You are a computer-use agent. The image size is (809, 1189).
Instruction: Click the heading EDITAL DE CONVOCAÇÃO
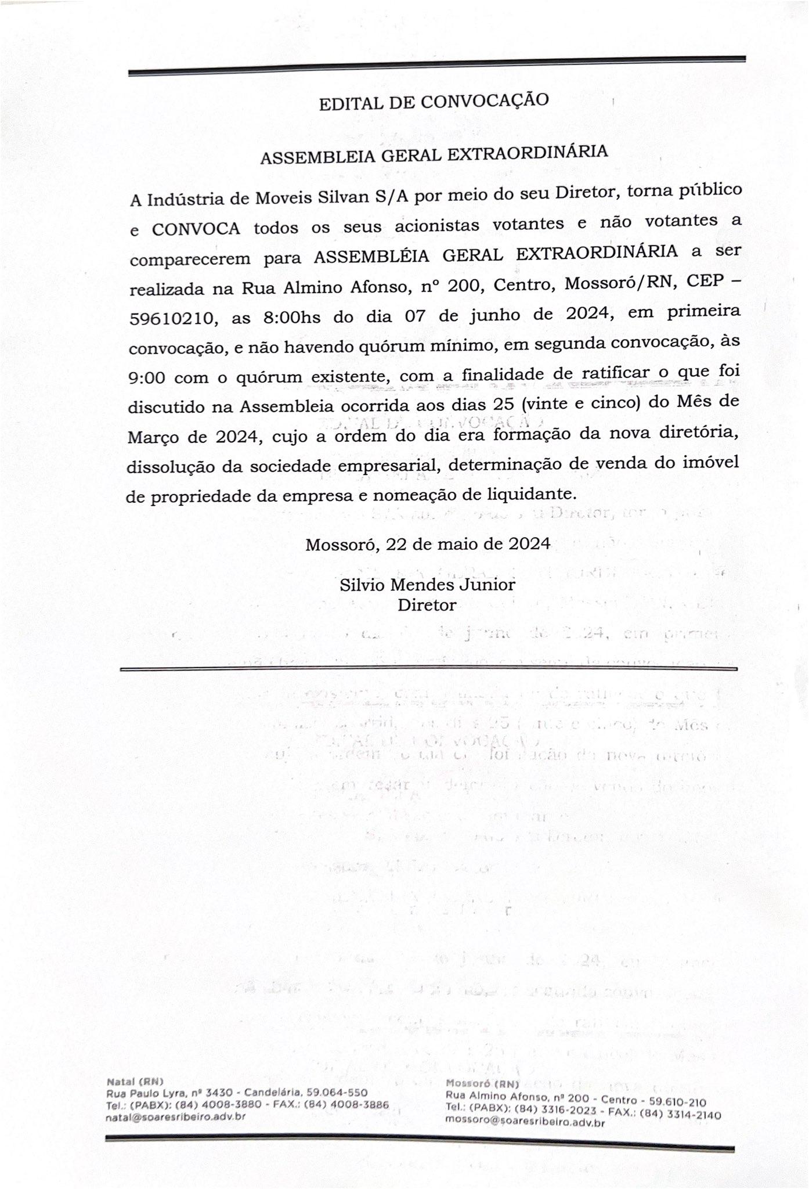coord(434,102)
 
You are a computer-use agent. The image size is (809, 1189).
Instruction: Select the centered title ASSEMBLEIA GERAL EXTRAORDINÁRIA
coord(434,154)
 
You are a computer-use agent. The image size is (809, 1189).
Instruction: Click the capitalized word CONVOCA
coord(196,228)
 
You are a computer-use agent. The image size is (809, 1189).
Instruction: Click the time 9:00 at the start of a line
coord(146,378)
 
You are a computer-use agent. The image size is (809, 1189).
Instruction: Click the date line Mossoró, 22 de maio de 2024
coord(428,544)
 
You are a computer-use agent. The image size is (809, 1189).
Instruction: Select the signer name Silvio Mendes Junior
coord(427,584)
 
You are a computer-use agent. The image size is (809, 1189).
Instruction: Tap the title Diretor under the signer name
coord(427,605)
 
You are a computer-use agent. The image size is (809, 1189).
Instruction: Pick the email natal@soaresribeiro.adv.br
coord(175,1116)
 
